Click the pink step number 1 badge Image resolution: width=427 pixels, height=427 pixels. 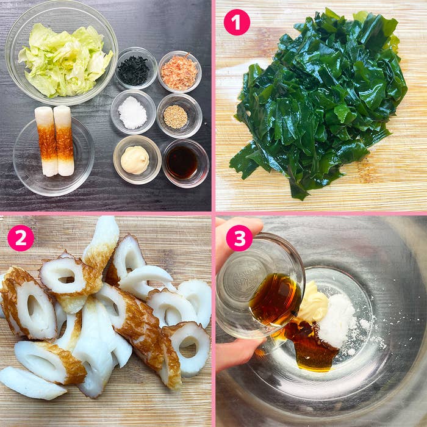click(237, 23)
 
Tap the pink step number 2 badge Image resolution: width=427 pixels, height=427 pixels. click(21, 238)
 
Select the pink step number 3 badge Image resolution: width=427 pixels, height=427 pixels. click(239, 238)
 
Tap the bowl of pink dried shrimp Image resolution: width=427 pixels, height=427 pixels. click(179, 71)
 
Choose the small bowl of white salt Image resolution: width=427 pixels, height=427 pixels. click(133, 112)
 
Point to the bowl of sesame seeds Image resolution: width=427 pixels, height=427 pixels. click(179, 115)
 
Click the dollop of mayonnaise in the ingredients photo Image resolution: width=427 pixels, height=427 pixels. click(135, 160)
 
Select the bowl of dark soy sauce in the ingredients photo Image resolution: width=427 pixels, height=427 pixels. click(186, 163)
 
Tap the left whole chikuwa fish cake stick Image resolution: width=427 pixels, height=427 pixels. click(46, 142)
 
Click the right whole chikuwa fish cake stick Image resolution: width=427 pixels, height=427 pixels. click(64, 140)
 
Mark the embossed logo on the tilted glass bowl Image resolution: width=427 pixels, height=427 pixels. click(244, 280)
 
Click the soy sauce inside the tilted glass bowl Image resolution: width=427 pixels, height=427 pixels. click(275, 299)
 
